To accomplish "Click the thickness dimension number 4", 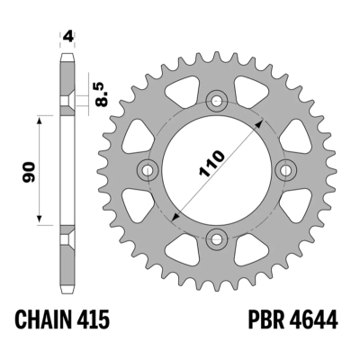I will pyautogui.click(x=67, y=37).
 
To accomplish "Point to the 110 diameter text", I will pyautogui.click(x=209, y=166).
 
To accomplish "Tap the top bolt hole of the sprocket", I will pyautogui.click(x=216, y=99).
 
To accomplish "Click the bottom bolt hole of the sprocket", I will pyautogui.click(x=216, y=237).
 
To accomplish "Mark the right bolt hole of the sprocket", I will pyautogui.click(x=285, y=168).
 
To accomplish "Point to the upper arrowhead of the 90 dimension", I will pyautogui.click(x=41, y=118).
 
